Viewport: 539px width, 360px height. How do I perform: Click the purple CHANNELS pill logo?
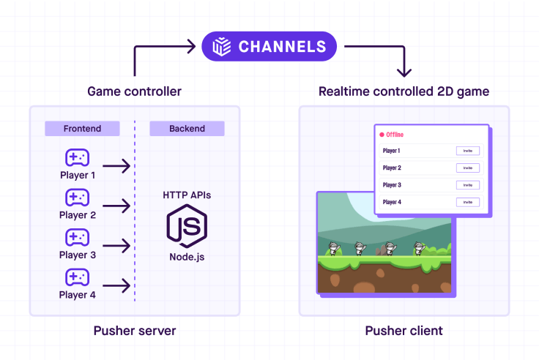[x=269, y=47]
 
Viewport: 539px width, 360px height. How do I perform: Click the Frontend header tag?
[x=82, y=129]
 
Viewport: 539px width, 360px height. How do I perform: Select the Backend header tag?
[x=187, y=129]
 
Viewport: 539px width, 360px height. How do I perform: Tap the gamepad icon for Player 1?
[x=77, y=158]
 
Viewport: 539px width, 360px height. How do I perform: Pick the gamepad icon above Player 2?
[x=77, y=198]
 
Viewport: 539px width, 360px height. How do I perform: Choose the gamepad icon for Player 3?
[x=77, y=238]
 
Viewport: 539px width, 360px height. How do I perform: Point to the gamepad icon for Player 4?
[x=77, y=277]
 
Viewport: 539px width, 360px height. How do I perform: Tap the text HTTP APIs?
[x=187, y=195]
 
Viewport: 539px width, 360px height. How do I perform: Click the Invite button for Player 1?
[x=467, y=151]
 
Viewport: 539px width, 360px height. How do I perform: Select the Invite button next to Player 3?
[x=467, y=185]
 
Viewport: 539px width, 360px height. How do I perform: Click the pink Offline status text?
[x=394, y=135]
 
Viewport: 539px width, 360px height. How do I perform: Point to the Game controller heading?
[x=134, y=91]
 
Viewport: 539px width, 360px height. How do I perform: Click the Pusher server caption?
[x=135, y=331]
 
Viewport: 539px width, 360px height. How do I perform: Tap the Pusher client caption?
[x=404, y=331]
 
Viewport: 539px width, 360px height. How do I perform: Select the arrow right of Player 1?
[x=117, y=166]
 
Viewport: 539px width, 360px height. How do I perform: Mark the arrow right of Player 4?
[x=117, y=285]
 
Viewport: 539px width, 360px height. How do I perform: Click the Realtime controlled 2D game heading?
[x=404, y=91]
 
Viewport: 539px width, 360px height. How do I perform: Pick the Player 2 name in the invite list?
[x=392, y=168]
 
